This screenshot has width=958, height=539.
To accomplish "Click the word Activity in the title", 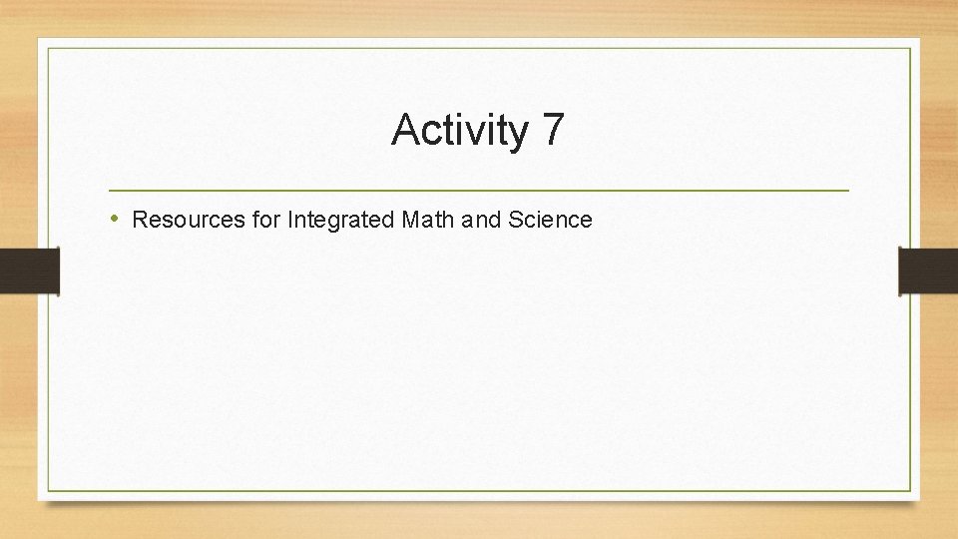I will (x=460, y=131).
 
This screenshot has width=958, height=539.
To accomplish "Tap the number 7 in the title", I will (x=554, y=130).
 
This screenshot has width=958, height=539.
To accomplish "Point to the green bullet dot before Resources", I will (x=116, y=219).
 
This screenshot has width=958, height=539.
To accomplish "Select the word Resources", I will (x=189, y=220).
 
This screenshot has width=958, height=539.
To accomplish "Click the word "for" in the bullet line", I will (x=266, y=220).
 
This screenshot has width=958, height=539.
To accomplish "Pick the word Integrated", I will (x=340, y=220).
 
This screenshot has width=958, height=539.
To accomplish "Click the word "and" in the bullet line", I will (x=483, y=220).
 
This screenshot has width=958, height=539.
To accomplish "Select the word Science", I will (x=550, y=220).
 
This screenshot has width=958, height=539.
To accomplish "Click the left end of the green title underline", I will (x=110, y=190).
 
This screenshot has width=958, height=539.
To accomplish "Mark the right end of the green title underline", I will (x=848, y=190).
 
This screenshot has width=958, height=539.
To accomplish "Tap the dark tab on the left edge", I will (x=29, y=271).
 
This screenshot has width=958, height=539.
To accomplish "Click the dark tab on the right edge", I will (x=928, y=271).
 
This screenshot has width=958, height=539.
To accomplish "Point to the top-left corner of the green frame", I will (x=48, y=48).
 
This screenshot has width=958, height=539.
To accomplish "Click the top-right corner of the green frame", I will (x=910, y=48).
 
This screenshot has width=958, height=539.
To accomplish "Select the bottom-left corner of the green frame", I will (x=48, y=490).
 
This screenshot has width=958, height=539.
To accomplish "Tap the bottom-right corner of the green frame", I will (x=910, y=490).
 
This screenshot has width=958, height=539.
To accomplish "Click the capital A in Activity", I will (x=405, y=131).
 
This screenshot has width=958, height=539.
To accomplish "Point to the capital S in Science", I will (x=515, y=220).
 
